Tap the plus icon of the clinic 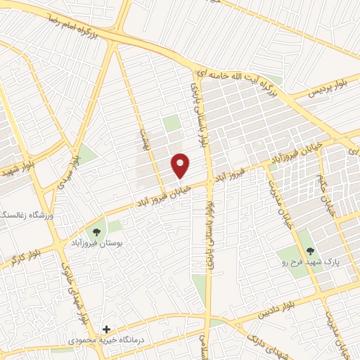click(106, 329)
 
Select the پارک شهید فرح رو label click(307, 262)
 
